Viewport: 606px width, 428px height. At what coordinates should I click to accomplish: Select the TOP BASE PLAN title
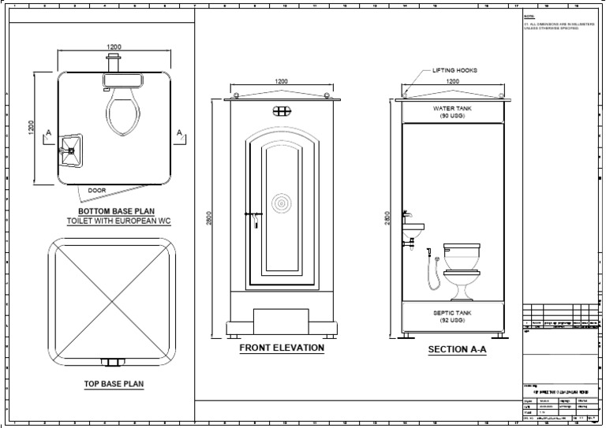pos(113,385)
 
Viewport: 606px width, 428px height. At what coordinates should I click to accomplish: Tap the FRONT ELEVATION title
pos(281,347)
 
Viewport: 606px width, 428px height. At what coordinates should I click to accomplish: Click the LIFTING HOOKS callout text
pos(454,70)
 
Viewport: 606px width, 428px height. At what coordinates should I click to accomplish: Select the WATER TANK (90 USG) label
pos(453,111)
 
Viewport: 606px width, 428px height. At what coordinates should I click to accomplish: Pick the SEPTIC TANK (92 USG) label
pos(453,316)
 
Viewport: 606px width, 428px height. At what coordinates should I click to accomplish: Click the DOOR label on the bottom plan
pos(97,190)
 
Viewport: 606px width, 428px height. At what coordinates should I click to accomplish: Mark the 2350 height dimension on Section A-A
pos(387,217)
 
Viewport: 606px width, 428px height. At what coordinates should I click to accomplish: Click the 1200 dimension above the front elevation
pos(281,81)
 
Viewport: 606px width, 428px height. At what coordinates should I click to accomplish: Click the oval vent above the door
pos(281,113)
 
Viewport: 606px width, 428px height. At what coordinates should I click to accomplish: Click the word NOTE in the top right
pos(529,16)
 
